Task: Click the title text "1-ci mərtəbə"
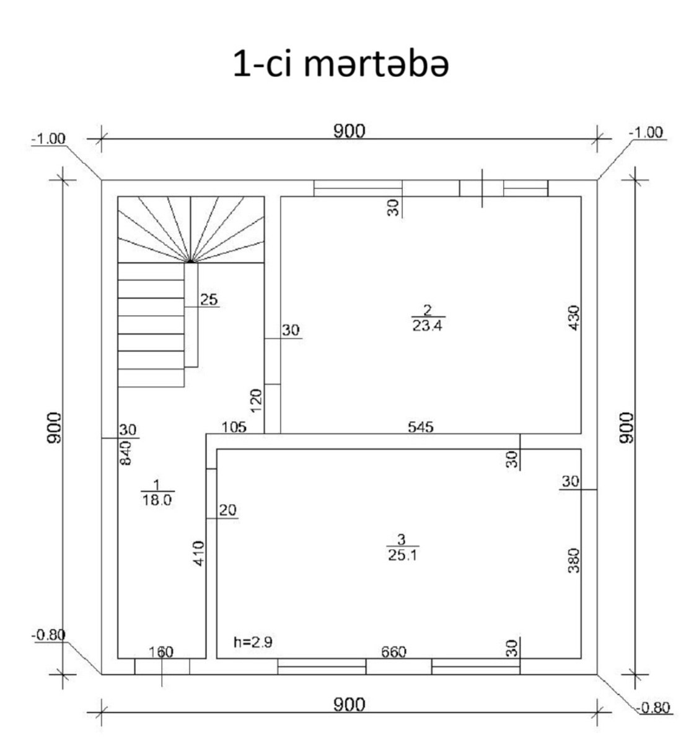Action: (341, 64)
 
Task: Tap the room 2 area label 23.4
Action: (427, 326)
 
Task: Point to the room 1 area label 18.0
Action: (157, 500)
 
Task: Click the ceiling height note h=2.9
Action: (253, 642)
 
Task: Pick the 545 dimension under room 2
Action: (421, 427)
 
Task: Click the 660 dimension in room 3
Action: (394, 652)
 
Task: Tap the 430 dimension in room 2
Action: (574, 318)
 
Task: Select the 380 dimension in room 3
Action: (574, 561)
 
